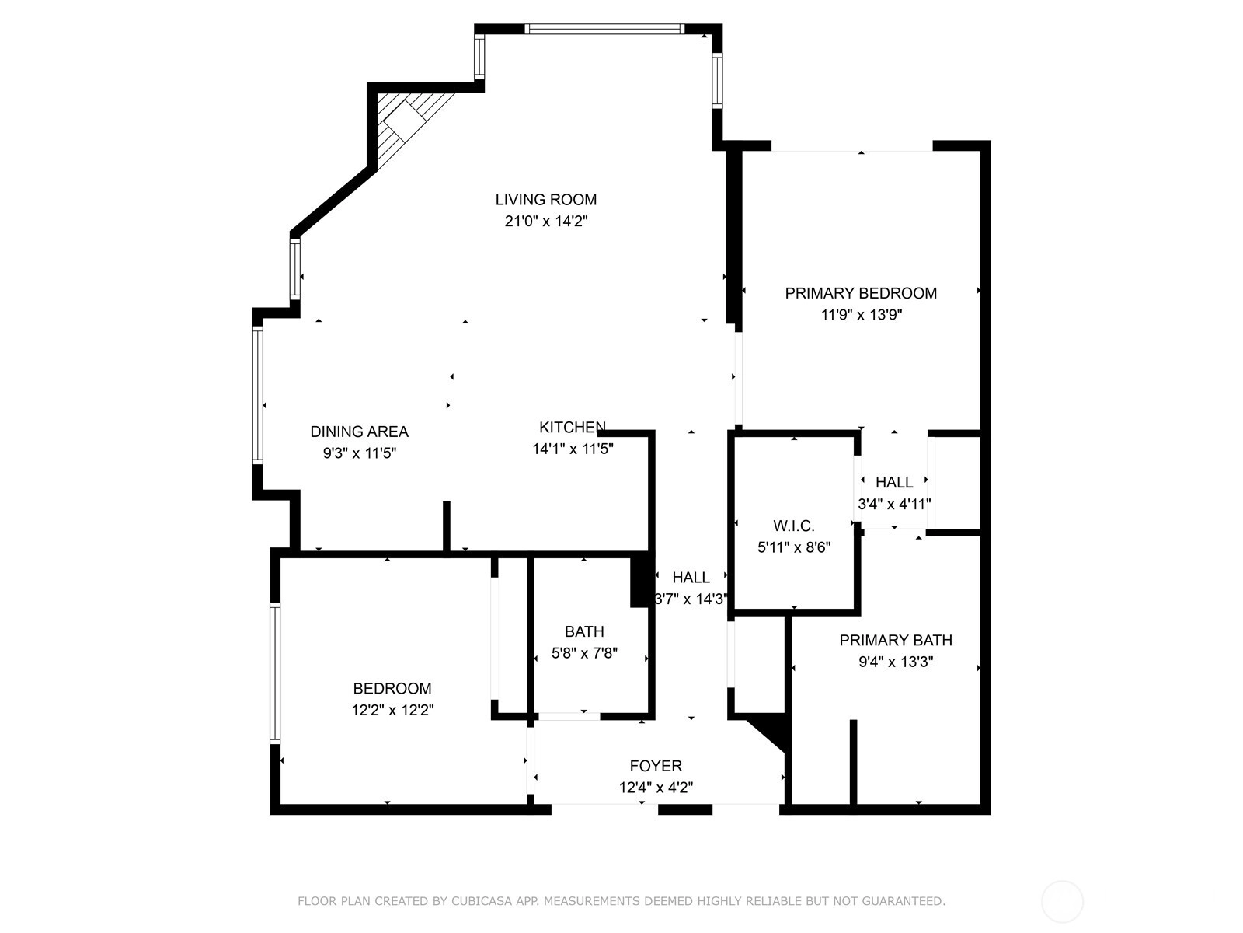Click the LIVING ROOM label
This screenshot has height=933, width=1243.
pyautogui.click(x=545, y=199)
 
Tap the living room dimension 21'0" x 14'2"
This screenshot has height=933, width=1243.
pyautogui.click(x=546, y=221)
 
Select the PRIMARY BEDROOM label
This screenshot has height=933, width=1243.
pyautogui.click(x=861, y=293)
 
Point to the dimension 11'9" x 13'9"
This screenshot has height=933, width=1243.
pyautogui.click(x=862, y=314)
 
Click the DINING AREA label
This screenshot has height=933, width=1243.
pyautogui.click(x=359, y=432)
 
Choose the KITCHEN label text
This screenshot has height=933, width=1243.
pyautogui.click(x=573, y=427)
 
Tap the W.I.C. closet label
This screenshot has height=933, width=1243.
pyautogui.click(x=794, y=526)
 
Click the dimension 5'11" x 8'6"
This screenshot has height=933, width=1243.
pyautogui.click(x=794, y=547)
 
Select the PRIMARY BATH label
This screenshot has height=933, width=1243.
pyautogui.click(x=895, y=640)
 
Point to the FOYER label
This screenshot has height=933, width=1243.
pyautogui.click(x=656, y=766)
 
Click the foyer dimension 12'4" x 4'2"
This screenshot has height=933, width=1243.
pyautogui.click(x=656, y=788)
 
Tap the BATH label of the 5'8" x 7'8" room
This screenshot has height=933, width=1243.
pyautogui.click(x=584, y=631)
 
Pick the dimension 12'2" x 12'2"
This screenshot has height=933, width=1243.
pyautogui.click(x=392, y=710)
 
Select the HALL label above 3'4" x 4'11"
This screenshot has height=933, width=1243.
pyautogui.click(x=894, y=482)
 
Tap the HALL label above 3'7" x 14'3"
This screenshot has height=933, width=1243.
pyautogui.click(x=691, y=577)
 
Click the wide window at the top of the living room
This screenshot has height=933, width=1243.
pyautogui.click(x=604, y=29)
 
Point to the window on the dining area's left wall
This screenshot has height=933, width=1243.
pyautogui.click(x=258, y=395)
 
